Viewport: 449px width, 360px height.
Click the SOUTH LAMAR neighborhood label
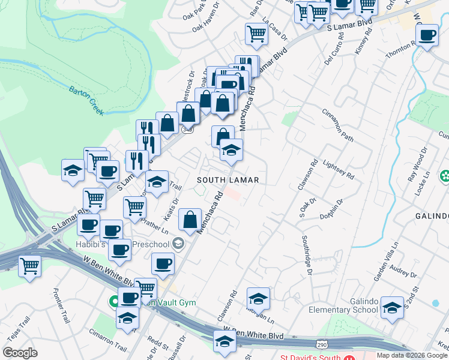pos(228,180)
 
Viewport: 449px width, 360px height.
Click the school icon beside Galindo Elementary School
pos(392,308)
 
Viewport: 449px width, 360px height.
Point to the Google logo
pos(20,353)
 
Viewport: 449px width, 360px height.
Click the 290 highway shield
pos(322,346)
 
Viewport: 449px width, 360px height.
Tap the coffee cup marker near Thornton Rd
pos(427,35)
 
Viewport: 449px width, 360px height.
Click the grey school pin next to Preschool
pos(178,243)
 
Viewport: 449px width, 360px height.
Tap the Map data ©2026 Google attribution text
pos(412,355)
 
